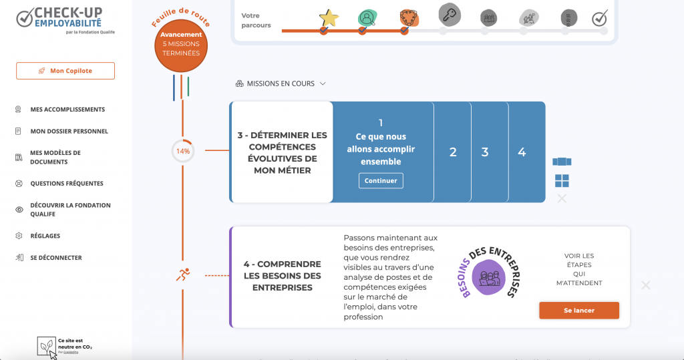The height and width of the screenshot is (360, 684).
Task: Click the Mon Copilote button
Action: pyautogui.click(x=65, y=71)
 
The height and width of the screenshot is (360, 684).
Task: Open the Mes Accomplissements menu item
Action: pyautogui.click(x=67, y=110)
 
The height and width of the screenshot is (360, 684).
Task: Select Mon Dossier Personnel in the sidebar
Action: pyautogui.click(x=69, y=132)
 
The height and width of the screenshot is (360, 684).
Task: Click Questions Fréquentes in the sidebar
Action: pyautogui.click(x=66, y=184)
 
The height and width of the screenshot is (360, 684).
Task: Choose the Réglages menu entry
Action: pyautogui.click(x=45, y=236)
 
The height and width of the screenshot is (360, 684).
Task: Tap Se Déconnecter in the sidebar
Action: pyautogui.click(x=55, y=258)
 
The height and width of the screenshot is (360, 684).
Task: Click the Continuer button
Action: pyautogui.click(x=381, y=180)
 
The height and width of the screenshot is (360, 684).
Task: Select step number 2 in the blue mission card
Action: pyautogui.click(x=453, y=152)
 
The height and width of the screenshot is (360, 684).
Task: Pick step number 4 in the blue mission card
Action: pyautogui.click(x=522, y=152)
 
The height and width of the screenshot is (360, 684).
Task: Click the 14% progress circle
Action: pyautogui.click(x=182, y=151)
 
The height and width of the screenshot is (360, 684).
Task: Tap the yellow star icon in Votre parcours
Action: pyautogui.click(x=328, y=18)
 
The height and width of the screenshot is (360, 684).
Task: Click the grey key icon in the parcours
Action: pyautogui.click(x=449, y=13)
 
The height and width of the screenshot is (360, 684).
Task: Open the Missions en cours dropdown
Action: pyautogui.click(x=281, y=84)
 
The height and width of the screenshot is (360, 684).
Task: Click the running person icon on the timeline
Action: pyautogui.click(x=182, y=275)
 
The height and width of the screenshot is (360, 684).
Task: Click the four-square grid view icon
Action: pyautogui.click(x=562, y=180)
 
